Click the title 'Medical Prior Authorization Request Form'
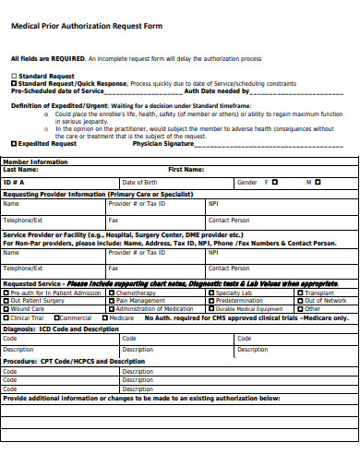point(86,26)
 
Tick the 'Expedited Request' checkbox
point(13,144)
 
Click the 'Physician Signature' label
point(163,144)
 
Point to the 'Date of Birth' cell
point(139,183)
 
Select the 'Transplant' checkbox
point(300,293)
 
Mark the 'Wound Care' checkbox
point(6,309)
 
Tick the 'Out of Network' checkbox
point(300,301)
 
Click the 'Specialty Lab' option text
point(234,293)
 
